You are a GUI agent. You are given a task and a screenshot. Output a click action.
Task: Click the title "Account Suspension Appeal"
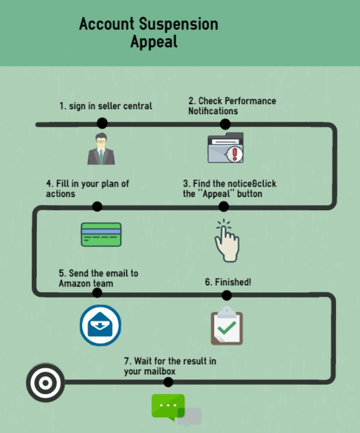149,33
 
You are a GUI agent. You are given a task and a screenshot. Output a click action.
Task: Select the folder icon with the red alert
226,148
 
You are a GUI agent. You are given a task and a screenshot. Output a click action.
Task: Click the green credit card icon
101,234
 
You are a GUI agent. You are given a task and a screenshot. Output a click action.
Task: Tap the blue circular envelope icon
100,325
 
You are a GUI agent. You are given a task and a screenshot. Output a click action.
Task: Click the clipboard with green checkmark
227,326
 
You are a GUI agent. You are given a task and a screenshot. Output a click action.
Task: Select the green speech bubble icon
169,407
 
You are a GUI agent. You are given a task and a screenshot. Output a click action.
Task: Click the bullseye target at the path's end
45,382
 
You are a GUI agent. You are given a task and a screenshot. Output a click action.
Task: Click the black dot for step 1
102,123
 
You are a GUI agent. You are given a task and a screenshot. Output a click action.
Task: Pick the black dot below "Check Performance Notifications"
225,124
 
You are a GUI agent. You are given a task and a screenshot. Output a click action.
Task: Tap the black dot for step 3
223,207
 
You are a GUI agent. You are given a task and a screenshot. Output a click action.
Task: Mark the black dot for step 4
97,207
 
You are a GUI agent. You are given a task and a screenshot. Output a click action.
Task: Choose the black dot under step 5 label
97,293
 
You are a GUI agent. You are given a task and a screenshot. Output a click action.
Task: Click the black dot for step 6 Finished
227,295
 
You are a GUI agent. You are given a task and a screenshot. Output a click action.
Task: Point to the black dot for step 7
168,382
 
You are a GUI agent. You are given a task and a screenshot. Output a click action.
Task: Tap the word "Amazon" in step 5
75,283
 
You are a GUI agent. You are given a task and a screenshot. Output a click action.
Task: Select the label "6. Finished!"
228,282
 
